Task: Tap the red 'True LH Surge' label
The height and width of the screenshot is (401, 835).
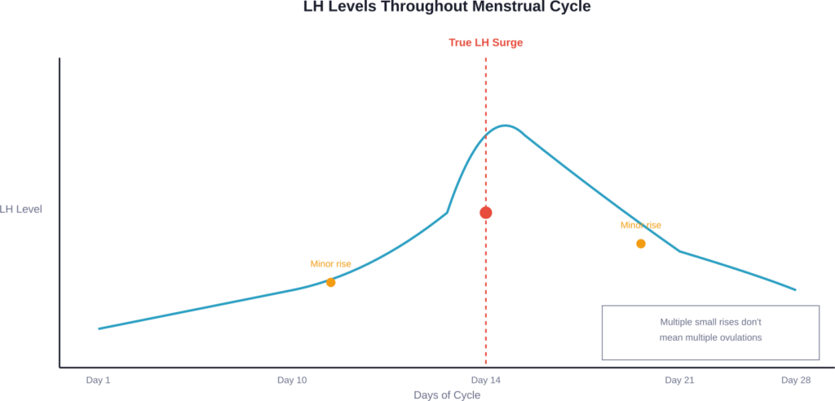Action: [486, 42]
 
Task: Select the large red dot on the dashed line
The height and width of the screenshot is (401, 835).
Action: [486, 213]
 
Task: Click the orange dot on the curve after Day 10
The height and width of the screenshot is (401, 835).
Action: [330, 283]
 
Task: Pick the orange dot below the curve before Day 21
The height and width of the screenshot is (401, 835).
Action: [641, 244]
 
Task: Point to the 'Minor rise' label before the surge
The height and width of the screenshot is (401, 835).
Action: [330, 264]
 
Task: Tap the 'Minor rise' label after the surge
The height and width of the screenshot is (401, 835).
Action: [641, 225]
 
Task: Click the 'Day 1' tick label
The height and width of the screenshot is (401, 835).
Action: [98, 380]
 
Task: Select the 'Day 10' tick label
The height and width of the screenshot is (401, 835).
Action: [292, 380]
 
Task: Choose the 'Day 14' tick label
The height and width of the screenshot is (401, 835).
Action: [486, 380]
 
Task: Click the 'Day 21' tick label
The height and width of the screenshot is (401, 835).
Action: [679, 380]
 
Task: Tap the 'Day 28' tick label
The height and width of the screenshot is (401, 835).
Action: [795, 380]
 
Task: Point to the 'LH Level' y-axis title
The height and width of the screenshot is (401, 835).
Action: [22, 209]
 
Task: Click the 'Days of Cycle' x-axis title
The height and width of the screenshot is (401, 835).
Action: [446, 395]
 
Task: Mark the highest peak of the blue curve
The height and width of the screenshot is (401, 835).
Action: [506, 126]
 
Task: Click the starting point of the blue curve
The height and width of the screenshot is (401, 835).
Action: [99, 328]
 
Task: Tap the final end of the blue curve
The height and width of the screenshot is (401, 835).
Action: [796, 289]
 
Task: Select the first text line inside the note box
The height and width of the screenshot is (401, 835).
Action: [710, 322]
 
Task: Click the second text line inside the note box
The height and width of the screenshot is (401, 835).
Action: [710, 337]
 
